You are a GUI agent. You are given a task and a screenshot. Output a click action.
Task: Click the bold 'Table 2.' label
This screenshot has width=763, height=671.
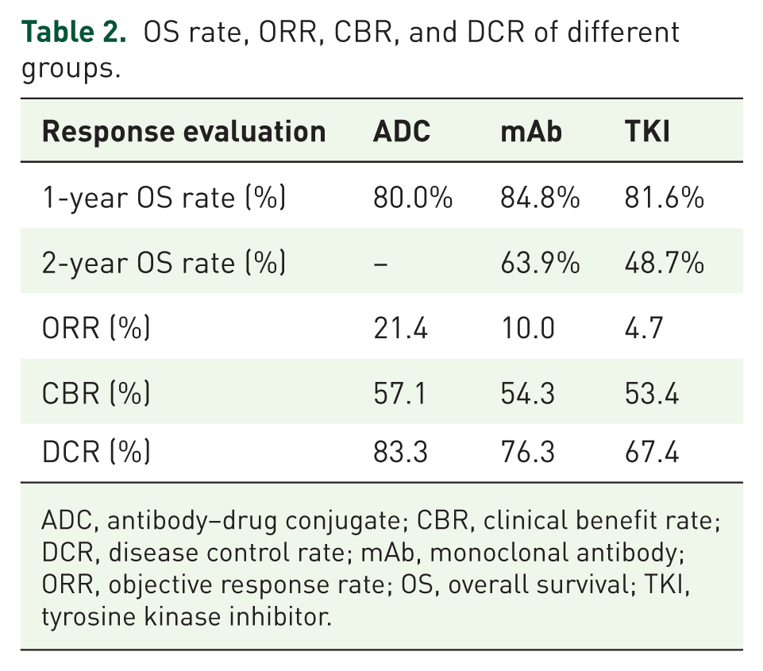(x=74, y=32)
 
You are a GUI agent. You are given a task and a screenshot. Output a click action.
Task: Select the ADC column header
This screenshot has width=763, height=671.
(x=402, y=131)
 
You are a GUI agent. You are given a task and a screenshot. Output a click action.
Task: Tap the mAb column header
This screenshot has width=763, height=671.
(x=531, y=131)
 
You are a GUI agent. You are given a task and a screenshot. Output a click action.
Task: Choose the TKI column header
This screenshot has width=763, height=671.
(x=647, y=131)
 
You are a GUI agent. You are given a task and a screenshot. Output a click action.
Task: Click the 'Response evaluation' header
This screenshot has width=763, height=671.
(x=184, y=131)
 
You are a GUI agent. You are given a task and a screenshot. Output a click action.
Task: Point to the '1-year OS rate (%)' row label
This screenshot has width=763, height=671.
(x=164, y=198)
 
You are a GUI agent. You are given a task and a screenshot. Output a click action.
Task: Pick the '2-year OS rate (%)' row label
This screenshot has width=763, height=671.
(x=164, y=264)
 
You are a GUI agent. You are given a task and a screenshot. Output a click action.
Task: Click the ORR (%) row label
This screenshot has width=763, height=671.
(x=96, y=328)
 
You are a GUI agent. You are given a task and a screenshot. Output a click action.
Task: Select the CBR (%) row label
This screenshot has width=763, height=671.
(x=96, y=393)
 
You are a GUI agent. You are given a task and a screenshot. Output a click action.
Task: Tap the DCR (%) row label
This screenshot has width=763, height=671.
(x=96, y=452)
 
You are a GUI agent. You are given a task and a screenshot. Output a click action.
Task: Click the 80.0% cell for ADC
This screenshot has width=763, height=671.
(x=413, y=198)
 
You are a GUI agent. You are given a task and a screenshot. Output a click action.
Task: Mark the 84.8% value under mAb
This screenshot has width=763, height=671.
(x=540, y=198)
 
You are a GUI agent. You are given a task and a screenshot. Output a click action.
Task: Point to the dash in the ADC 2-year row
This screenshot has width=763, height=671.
(x=380, y=264)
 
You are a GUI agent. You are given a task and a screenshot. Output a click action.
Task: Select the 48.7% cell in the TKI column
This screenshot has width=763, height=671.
(x=665, y=264)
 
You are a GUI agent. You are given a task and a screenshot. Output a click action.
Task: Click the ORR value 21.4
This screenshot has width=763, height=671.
(x=400, y=328)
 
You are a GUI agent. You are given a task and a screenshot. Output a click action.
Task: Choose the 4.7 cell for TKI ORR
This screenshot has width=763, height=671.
(x=644, y=328)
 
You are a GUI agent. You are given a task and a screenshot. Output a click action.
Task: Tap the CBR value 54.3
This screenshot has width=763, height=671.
(x=527, y=393)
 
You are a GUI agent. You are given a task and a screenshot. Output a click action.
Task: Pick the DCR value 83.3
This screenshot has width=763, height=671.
(x=400, y=452)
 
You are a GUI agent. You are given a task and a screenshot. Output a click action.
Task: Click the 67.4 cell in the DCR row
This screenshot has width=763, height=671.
(x=652, y=452)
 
